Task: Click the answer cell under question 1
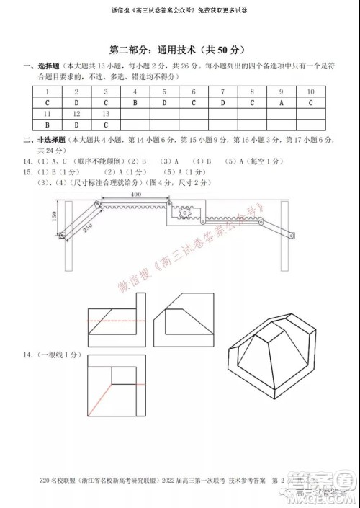[x=46, y=103]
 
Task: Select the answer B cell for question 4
[x=135, y=103]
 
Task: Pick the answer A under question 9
[x=282, y=103]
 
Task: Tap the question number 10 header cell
[x=310, y=92]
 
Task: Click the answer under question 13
[x=105, y=125]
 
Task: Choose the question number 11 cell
[x=46, y=114]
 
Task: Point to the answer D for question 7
[x=222, y=103]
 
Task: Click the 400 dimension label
[x=135, y=195]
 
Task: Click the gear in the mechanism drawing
[x=178, y=213]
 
